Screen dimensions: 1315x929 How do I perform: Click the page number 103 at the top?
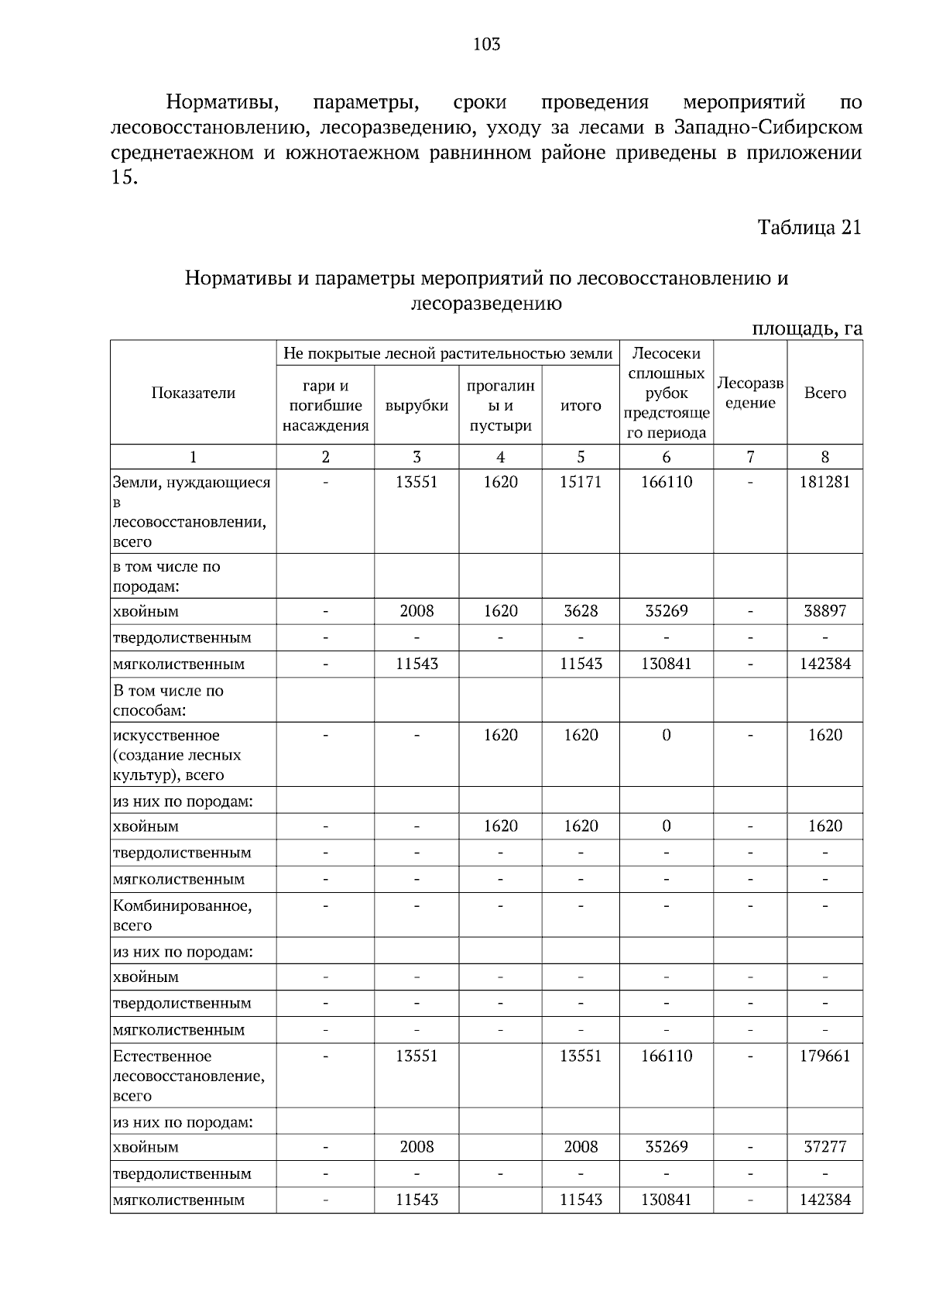click(486, 44)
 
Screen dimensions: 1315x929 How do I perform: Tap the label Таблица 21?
click(809, 228)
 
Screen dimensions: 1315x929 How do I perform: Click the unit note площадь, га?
click(807, 328)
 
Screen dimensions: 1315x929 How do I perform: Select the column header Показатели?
click(193, 393)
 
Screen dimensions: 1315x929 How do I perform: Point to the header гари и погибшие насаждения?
click(325, 406)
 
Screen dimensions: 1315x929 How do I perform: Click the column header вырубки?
click(417, 406)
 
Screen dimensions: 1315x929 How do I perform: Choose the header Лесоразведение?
click(749, 393)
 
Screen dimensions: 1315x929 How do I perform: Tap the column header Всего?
click(824, 393)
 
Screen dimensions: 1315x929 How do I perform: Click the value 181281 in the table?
click(824, 482)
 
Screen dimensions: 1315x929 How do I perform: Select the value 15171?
click(581, 482)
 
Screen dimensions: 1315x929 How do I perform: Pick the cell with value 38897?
click(824, 611)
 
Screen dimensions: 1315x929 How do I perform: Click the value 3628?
click(581, 611)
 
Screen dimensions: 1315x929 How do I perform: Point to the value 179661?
click(824, 1056)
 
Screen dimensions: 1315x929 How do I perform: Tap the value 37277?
click(824, 1147)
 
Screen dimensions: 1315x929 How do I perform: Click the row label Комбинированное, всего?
click(182, 915)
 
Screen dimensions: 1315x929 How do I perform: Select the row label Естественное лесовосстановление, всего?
click(188, 1076)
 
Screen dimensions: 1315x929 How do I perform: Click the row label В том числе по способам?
click(168, 700)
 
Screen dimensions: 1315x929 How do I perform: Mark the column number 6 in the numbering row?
click(666, 457)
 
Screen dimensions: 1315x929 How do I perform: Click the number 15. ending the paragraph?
click(124, 178)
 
